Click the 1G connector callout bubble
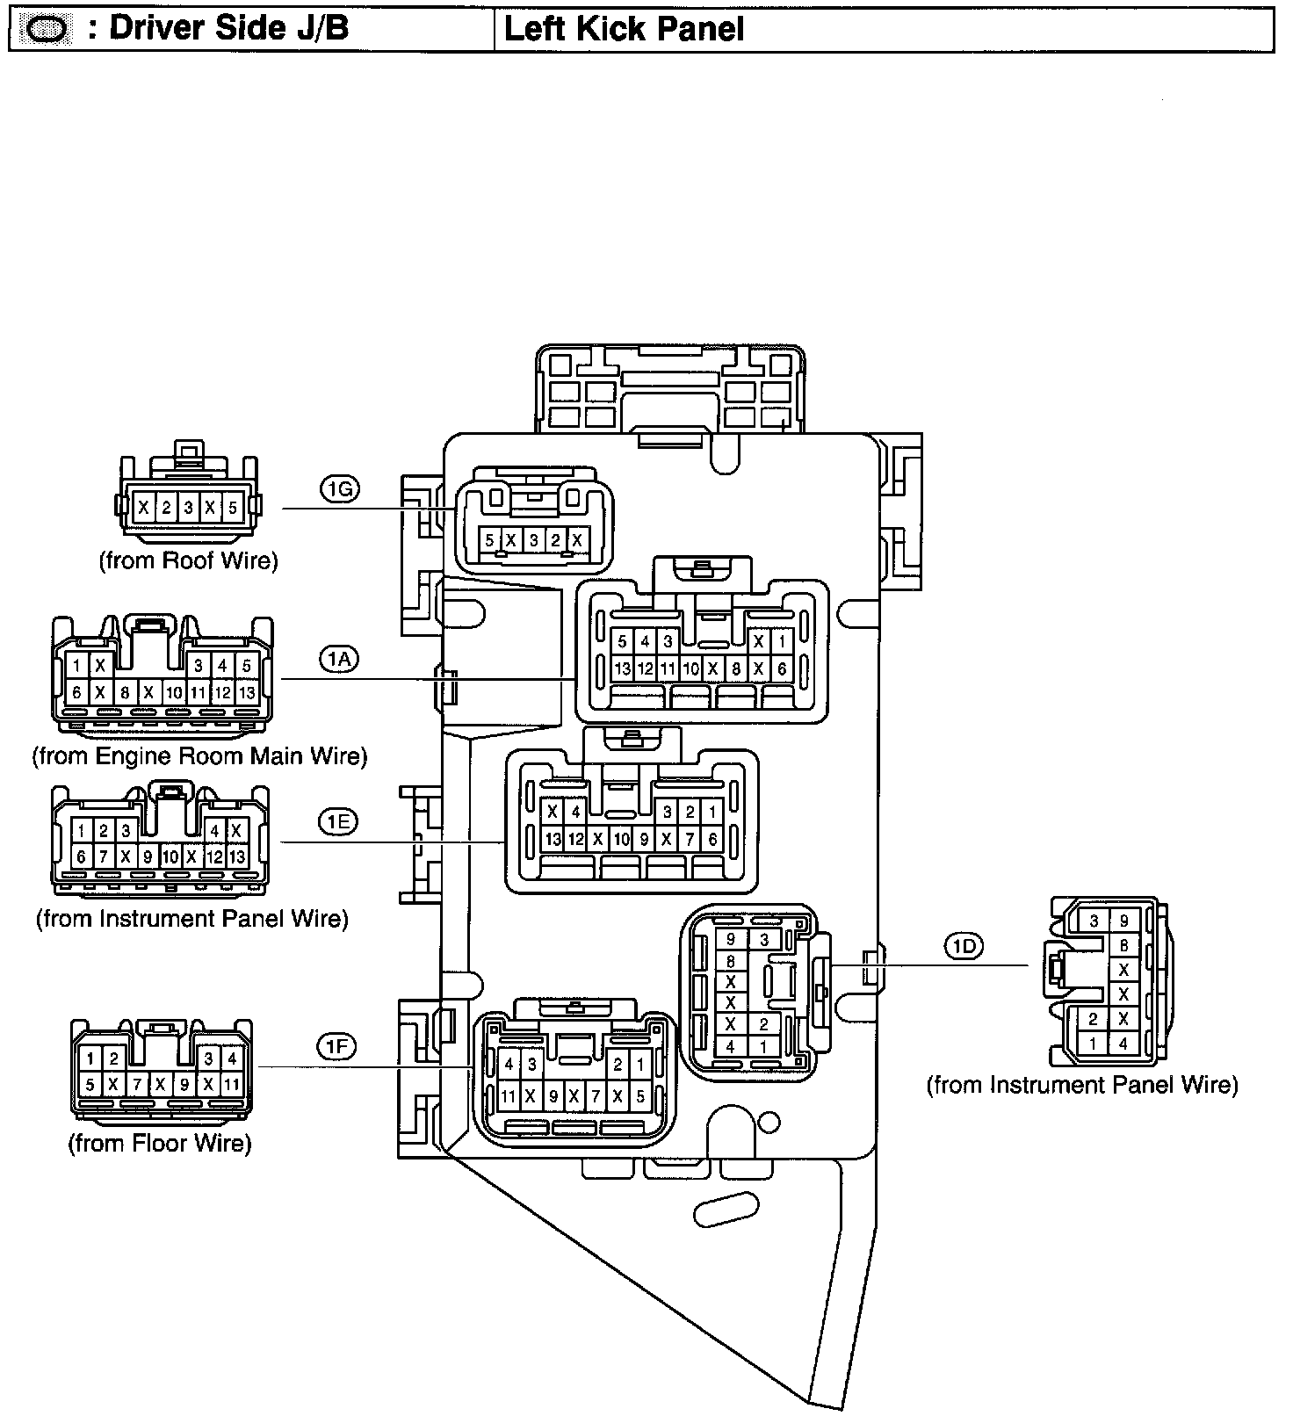(339, 490)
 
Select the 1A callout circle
(339, 659)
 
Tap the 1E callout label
(338, 821)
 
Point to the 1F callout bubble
(337, 1046)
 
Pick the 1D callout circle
(964, 946)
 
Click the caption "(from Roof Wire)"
(188, 560)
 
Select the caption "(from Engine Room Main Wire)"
(199, 755)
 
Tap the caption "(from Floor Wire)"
(160, 1144)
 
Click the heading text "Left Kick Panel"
(624, 30)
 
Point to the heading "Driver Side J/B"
(228, 29)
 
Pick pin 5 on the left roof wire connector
(232, 508)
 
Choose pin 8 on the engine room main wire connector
(125, 693)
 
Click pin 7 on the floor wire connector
(137, 1085)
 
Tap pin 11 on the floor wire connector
(231, 1085)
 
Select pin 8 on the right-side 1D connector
(1123, 946)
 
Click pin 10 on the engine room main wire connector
(174, 693)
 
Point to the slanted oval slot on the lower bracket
(726, 1210)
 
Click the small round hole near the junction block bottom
(769, 1122)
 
